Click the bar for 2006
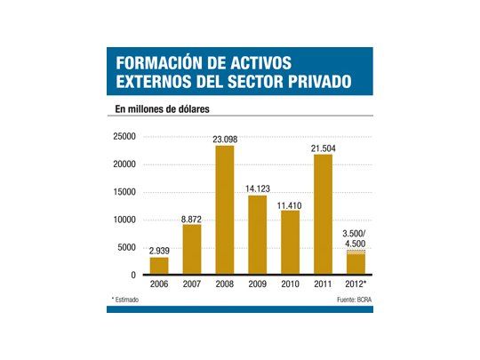pos(159,266)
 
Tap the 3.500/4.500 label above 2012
pos(355,238)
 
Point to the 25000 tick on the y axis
pos(124,136)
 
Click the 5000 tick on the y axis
pos(126,248)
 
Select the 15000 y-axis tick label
pos(124,192)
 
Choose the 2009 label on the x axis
pos(256,285)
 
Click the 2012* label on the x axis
pos(356,285)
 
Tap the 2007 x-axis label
pos(192,285)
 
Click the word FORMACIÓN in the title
pos(162,65)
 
